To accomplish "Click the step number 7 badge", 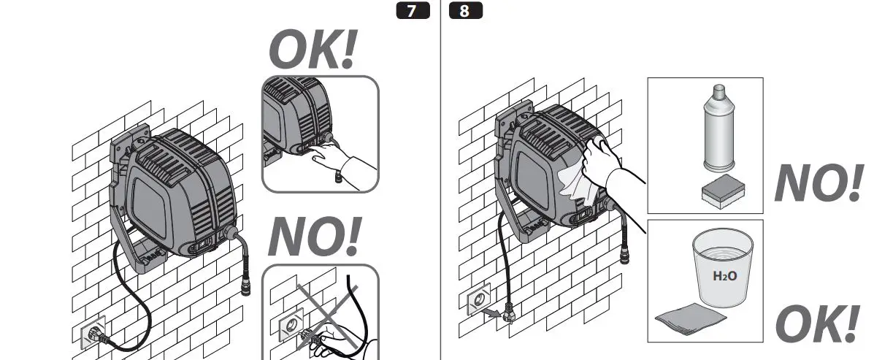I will pyautogui.click(x=413, y=12).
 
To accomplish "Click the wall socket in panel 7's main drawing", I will pyautogui.click(x=93, y=333).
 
